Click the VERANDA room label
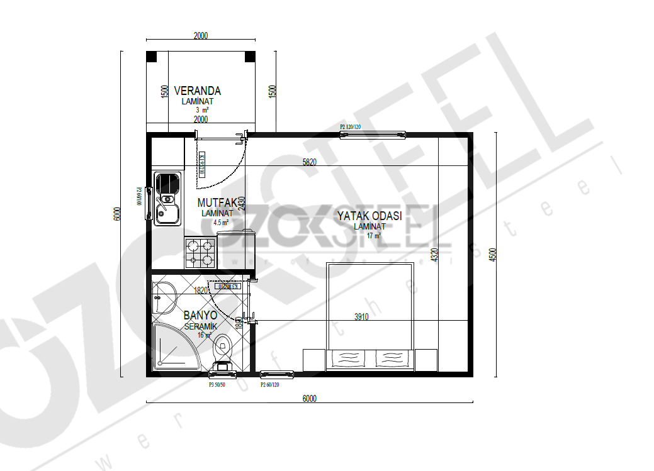[197, 91]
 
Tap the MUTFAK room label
[217, 203]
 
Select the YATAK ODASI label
[369, 216]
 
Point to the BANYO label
[200, 315]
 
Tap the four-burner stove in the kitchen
[200, 252]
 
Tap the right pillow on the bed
[394, 359]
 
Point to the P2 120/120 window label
[351, 127]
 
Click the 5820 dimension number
[309, 162]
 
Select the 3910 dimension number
[361, 318]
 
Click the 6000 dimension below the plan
[309, 398]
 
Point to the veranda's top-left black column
[152, 57]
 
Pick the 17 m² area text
[374, 236]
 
